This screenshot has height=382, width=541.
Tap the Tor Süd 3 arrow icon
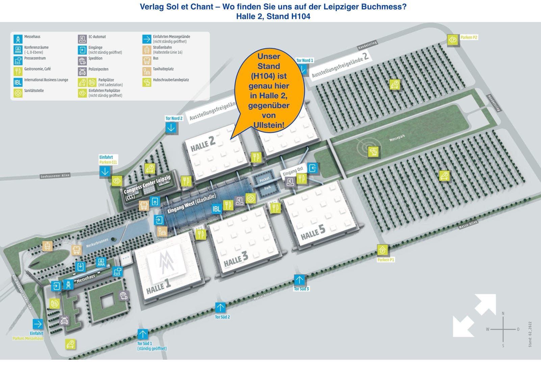[299, 280]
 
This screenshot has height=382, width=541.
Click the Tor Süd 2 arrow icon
[220, 307]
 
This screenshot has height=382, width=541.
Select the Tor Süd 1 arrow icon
[143, 334]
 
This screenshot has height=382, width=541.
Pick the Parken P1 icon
[383, 250]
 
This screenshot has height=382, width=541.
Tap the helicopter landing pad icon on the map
[373, 152]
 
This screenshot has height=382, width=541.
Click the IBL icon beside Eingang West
[216, 209]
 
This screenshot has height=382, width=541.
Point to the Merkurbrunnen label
[97, 243]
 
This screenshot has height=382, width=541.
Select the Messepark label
[397, 138]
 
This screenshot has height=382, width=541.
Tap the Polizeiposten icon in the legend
[82, 71]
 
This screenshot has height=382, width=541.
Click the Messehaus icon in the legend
[18, 39]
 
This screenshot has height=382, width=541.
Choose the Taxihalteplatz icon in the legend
[147, 71]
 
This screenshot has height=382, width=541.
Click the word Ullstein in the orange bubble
[269, 125]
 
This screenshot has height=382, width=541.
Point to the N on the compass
[503, 313]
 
